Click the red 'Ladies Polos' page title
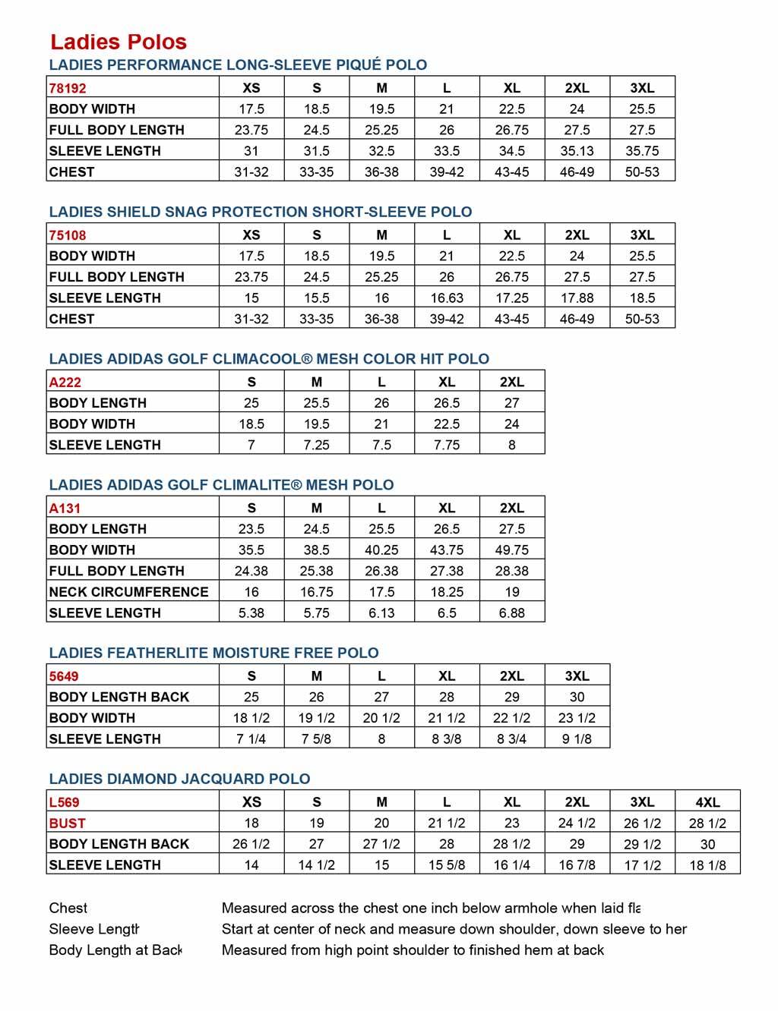coord(119,42)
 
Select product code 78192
coord(68,88)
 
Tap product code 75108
coord(68,235)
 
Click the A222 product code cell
coord(65,383)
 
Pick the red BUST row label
coord(68,824)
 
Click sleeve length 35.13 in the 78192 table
coord(577,151)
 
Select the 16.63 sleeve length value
coord(447,298)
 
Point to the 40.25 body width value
coord(381,550)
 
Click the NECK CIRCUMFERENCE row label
coord(128,592)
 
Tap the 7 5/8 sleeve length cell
coord(316,739)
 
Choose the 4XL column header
coord(707,802)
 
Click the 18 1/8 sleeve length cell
coord(707,865)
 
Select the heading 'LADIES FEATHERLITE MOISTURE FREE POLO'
coord(213,653)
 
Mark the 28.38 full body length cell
coord(511,572)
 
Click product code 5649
coord(64,676)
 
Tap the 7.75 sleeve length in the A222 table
coord(447,446)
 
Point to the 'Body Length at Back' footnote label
coord(115,950)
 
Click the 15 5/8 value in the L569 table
coord(447,865)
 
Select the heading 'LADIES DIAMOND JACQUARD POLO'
coord(179,779)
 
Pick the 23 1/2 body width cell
coord(577,718)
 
